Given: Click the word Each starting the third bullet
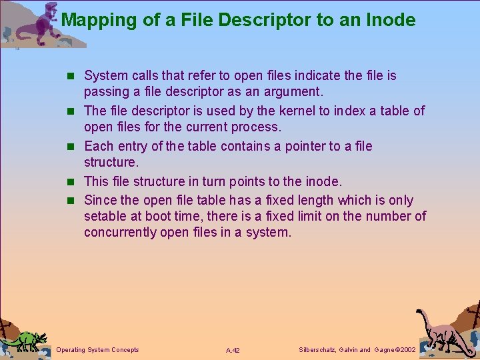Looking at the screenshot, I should (x=99, y=146).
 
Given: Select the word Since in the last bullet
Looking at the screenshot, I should (x=101, y=200).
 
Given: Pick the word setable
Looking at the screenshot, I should (x=105, y=216).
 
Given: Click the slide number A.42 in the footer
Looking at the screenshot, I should (x=233, y=350).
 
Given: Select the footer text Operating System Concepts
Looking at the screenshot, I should (x=98, y=349).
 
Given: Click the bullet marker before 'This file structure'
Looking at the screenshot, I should (x=75, y=181).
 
